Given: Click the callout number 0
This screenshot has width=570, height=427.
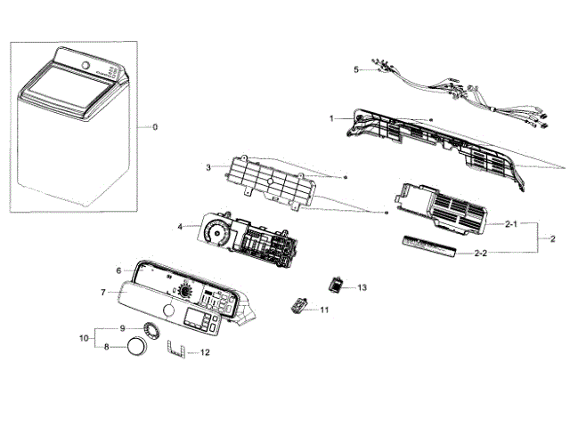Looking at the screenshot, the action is pos(155,127).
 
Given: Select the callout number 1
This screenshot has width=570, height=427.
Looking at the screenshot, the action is pos(331,118).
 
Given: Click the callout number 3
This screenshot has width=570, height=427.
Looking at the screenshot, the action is pos(208,166).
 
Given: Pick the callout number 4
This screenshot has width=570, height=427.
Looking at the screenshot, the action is pos(181,227).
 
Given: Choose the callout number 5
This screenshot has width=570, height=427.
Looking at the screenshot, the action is pos(356,68).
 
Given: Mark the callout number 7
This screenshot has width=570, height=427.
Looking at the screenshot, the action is pos(103,291).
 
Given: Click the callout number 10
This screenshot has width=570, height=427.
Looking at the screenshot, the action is pos(83,338).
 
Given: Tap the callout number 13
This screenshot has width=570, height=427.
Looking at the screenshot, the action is pos(362,287).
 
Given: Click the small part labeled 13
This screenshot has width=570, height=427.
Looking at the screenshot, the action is pos(337,284).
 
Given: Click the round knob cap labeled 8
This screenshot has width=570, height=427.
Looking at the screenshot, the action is pos(136,346).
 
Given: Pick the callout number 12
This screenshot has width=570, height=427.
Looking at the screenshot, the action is pos(205,353).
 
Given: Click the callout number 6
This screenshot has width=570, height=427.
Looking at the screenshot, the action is pos(118,270).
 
